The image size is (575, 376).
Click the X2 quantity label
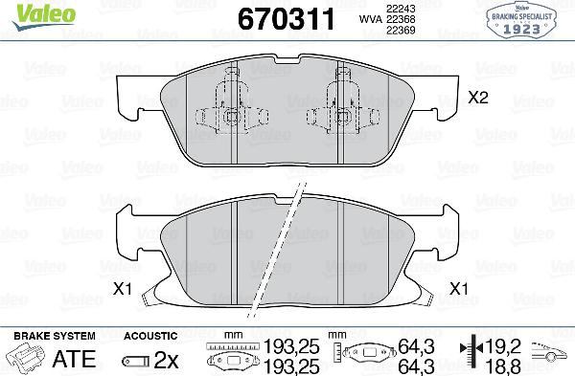click(x=478, y=98)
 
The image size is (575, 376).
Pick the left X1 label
click(x=122, y=288)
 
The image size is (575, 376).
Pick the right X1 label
click(x=458, y=288)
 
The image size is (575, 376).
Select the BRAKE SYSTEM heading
click(x=54, y=336)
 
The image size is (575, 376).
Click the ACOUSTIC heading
click(x=150, y=336)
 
